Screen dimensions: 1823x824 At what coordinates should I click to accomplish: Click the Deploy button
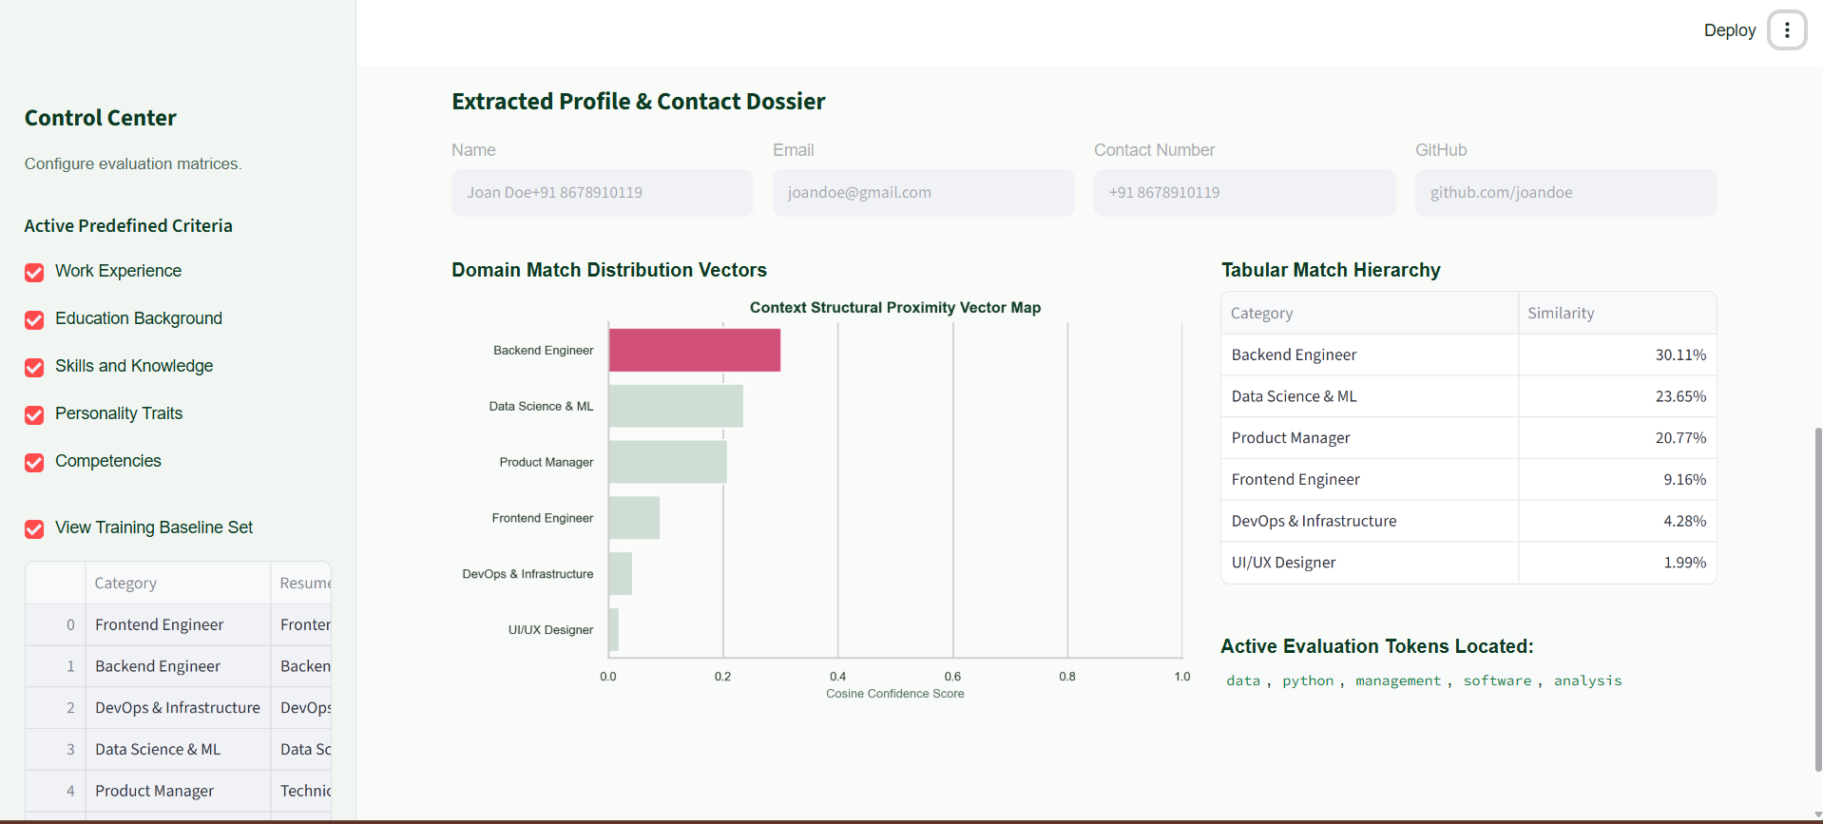(1729, 30)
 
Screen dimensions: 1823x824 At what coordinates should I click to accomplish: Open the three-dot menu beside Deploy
(1787, 30)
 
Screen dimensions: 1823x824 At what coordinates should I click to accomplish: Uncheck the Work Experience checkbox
(34, 273)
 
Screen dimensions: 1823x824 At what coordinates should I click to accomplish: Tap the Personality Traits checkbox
(34, 415)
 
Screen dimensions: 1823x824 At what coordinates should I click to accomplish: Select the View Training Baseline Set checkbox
(34, 529)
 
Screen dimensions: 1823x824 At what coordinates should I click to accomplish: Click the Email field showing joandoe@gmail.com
(923, 193)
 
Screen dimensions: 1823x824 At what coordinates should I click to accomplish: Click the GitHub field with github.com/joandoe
(1565, 193)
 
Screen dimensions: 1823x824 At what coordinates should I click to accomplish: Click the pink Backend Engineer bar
(695, 350)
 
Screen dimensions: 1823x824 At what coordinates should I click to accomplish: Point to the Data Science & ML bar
(676, 406)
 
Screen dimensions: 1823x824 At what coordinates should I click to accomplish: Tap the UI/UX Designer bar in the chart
(614, 629)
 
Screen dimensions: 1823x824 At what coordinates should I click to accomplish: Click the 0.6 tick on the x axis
(952, 677)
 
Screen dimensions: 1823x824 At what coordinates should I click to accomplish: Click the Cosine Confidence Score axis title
(895, 694)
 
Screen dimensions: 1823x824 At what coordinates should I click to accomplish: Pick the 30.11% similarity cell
(1617, 355)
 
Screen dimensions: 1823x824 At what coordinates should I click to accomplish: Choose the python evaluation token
(1308, 680)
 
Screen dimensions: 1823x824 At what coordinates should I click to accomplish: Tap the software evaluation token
(1497, 680)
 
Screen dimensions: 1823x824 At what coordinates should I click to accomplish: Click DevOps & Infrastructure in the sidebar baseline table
(178, 708)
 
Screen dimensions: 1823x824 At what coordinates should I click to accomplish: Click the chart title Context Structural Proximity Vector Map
(895, 308)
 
